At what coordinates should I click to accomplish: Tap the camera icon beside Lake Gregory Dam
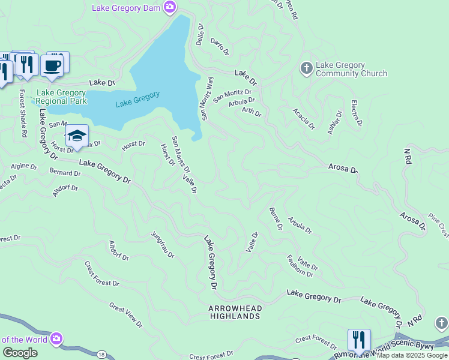tap(170, 7)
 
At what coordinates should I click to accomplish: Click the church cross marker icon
tap(306, 68)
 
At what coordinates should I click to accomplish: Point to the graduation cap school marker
tap(77, 136)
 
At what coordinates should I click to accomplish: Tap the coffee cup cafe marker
tap(53, 64)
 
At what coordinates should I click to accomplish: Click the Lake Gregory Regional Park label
tap(61, 97)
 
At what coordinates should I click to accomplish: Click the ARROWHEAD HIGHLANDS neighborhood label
tap(235, 312)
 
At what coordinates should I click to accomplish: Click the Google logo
tap(20, 353)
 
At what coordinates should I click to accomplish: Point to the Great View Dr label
tap(125, 315)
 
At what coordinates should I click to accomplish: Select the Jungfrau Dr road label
tap(162, 245)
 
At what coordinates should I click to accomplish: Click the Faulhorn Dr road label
tap(300, 266)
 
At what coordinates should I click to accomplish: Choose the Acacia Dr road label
tap(304, 119)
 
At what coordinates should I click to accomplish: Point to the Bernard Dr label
tap(65, 173)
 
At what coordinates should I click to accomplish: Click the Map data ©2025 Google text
tap(412, 355)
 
